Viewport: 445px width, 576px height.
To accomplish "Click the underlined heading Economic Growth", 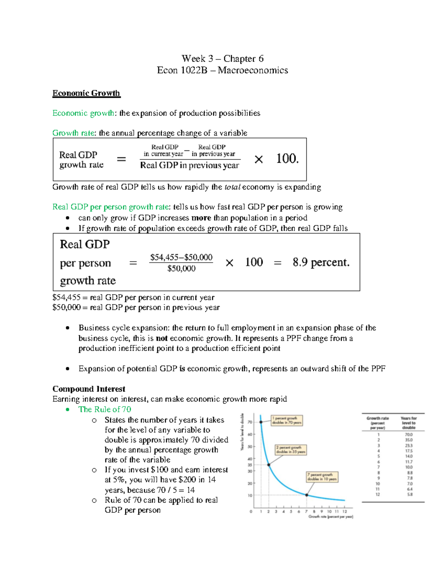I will click(x=86, y=93).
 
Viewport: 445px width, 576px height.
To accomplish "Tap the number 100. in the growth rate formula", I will click(x=287, y=159).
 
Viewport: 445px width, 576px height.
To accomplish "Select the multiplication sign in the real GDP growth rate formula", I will click(x=258, y=159).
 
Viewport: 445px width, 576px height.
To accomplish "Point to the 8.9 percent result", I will click(x=321, y=262).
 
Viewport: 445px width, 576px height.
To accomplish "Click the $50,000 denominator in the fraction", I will click(x=181, y=269).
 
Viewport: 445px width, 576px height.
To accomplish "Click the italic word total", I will click(x=233, y=187).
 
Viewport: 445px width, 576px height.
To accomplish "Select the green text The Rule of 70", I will click(x=105, y=409).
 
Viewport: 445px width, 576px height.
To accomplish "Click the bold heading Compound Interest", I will click(x=89, y=389).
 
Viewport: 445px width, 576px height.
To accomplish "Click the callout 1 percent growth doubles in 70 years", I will click(x=287, y=420).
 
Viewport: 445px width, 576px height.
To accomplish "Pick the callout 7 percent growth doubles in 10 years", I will click(x=322, y=477).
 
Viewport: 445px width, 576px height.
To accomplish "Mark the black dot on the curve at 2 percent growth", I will click(x=269, y=465).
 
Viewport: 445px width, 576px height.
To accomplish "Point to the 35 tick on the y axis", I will click(x=250, y=465).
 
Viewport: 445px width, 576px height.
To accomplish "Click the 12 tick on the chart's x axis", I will click(x=345, y=511).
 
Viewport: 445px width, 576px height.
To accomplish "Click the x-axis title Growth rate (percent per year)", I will click(x=330, y=517).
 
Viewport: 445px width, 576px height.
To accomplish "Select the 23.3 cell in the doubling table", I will click(x=409, y=445).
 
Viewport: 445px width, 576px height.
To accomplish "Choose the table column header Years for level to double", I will click(x=409, y=423).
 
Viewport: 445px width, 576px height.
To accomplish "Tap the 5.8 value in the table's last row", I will click(x=409, y=494).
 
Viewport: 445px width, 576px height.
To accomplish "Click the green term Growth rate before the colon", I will click(x=73, y=133).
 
